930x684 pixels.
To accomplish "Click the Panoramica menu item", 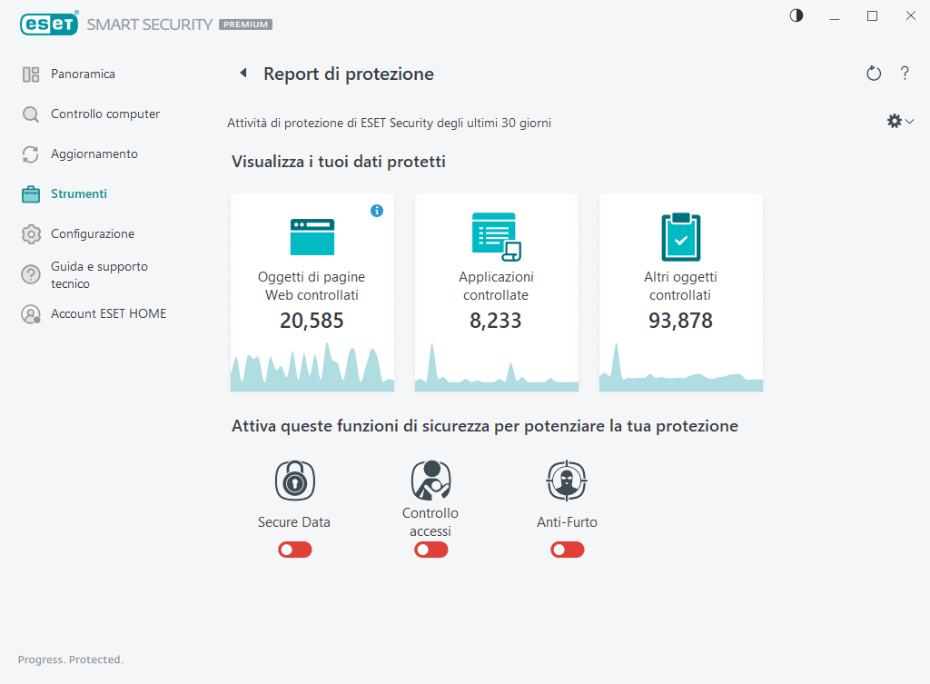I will tap(82, 74).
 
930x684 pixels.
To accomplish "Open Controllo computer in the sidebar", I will tap(104, 114).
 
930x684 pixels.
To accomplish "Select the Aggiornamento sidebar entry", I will tap(94, 154).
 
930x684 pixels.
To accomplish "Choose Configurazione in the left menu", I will tap(92, 234).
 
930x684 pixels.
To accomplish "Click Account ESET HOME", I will tap(107, 314).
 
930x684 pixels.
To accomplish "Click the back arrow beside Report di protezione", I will tap(243, 74).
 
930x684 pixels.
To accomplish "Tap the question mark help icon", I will tap(905, 74).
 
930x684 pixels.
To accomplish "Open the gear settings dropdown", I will tap(899, 121).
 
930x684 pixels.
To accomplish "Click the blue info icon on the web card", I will tap(377, 211).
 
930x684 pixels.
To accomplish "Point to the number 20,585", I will tap(312, 321).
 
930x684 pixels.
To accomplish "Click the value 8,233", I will tap(496, 321).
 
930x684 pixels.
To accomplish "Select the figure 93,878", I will tap(680, 321).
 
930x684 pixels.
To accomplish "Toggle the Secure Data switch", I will tap(295, 550).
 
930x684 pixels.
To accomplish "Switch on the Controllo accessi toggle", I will tap(431, 550).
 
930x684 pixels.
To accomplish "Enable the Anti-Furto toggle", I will tap(568, 550).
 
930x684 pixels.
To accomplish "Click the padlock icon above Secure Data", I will tap(294, 481).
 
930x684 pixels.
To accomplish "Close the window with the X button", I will tap(910, 15).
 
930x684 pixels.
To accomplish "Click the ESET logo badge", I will tap(49, 25).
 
